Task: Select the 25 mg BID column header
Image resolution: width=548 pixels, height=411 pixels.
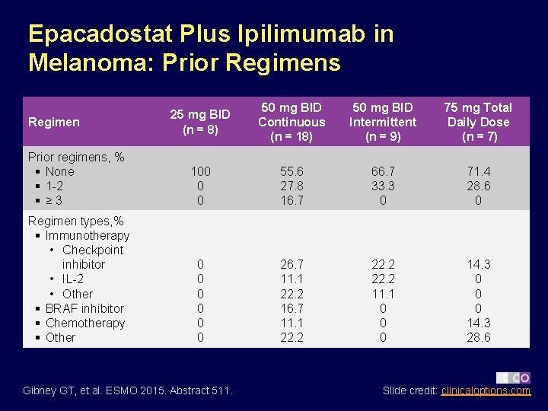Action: (200, 122)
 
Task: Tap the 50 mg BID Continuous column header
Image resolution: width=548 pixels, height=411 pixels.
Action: (292, 122)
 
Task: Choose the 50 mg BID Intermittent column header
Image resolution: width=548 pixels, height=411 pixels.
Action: (383, 122)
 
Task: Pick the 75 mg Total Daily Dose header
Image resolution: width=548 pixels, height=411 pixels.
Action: (478, 122)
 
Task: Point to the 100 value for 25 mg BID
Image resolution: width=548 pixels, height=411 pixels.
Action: (200, 171)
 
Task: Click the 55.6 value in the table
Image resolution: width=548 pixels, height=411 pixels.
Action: (292, 171)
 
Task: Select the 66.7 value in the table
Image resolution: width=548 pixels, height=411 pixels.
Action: (383, 171)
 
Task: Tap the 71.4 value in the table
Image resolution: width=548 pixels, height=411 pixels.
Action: (478, 171)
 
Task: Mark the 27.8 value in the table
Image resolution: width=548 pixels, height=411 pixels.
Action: (292, 186)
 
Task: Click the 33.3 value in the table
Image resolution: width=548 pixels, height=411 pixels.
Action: (383, 186)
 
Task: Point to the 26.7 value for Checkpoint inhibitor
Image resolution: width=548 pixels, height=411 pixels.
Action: (292, 264)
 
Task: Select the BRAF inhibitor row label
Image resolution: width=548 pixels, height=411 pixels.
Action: (84, 308)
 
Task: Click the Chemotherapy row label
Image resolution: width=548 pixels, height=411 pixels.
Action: (84, 323)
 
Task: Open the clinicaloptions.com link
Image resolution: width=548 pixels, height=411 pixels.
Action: (486, 390)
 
